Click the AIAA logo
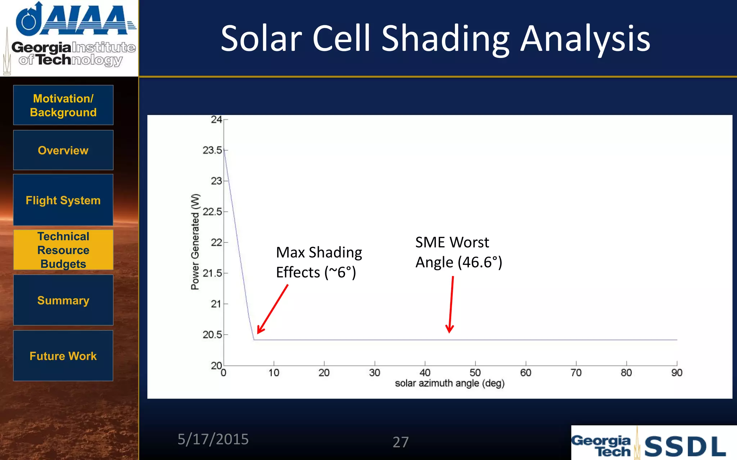click(x=76, y=20)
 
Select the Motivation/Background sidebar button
click(x=63, y=105)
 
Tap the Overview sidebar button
click(x=63, y=150)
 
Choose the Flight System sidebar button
click(x=63, y=200)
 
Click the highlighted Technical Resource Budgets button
click(x=63, y=250)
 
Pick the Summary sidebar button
click(x=63, y=300)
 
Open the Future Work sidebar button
click(x=63, y=356)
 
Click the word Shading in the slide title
click(x=446, y=39)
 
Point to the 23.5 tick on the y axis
click(x=212, y=150)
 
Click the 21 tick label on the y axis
click(x=216, y=304)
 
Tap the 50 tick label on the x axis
click(x=475, y=373)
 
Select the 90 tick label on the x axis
click(x=677, y=373)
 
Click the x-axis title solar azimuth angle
click(x=449, y=383)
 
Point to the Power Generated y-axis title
click(x=195, y=241)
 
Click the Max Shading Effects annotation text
click(x=319, y=262)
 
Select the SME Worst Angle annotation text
click(x=458, y=252)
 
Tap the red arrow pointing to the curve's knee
click(x=272, y=309)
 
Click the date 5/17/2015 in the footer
click(x=213, y=440)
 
